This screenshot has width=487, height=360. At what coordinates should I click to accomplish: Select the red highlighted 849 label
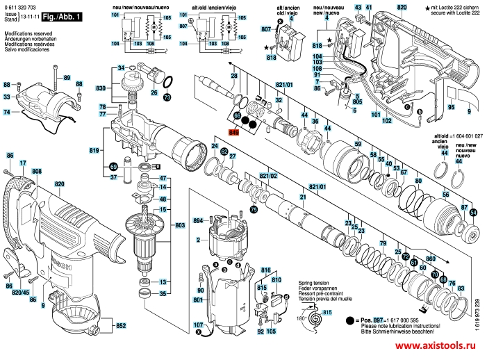point(234,131)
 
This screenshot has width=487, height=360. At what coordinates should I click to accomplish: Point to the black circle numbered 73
point(167,99)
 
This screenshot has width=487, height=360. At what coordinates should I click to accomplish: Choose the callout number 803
point(180,225)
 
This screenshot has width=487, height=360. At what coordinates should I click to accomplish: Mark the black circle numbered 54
point(473,212)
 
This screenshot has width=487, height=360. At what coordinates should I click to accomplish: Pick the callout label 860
point(430,258)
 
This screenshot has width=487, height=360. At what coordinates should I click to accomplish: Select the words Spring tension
point(314,284)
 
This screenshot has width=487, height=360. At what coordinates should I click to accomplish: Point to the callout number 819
point(94,149)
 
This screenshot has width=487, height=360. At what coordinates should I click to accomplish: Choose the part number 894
point(198,221)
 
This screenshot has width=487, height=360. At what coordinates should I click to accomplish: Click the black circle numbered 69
point(113,167)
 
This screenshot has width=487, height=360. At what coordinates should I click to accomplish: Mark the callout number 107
point(199,325)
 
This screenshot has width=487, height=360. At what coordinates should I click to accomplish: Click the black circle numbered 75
point(254,209)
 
